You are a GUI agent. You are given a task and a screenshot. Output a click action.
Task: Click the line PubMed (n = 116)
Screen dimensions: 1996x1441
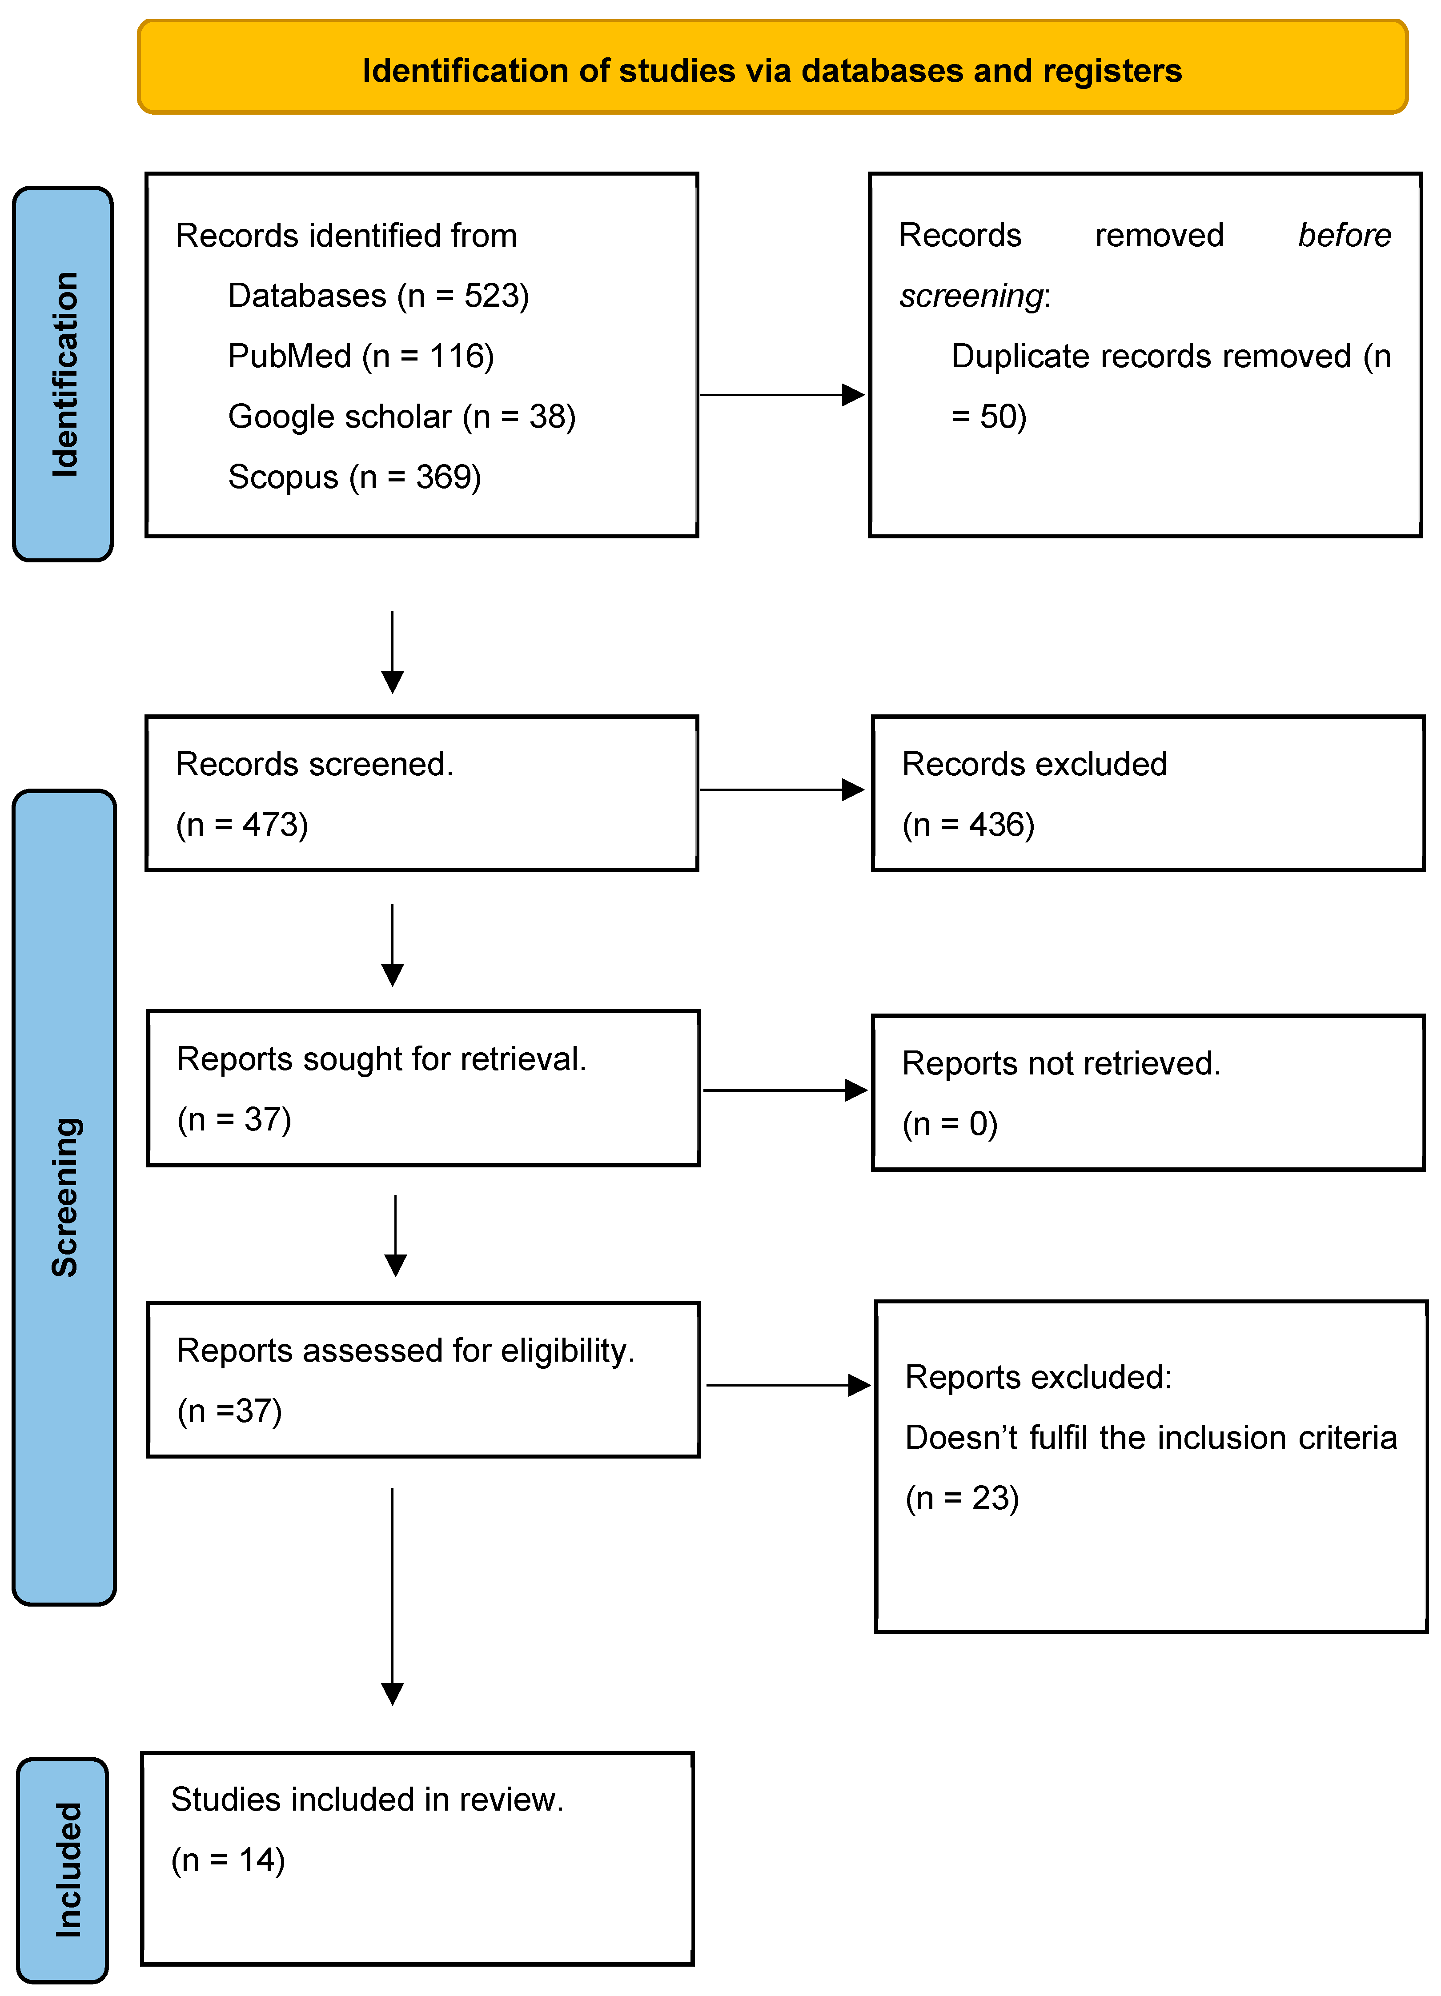point(361,357)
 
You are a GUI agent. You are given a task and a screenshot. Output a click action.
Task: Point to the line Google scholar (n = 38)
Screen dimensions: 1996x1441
point(401,416)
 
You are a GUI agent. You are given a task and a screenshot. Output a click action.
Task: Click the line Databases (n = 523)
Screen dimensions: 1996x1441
point(378,296)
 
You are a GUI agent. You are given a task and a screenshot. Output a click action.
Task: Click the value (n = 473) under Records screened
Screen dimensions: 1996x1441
point(242,825)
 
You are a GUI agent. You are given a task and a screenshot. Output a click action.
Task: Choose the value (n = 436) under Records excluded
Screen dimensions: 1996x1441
point(968,825)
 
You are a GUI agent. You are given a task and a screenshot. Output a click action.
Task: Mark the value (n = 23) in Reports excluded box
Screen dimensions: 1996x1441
point(962,1498)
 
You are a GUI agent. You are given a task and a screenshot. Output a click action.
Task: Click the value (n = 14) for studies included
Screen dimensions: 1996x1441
point(228,1860)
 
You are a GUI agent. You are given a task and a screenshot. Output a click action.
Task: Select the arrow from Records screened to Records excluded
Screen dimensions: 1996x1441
point(782,790)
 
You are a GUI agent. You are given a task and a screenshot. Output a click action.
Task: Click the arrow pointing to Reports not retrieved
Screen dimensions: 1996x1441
point(785,1090)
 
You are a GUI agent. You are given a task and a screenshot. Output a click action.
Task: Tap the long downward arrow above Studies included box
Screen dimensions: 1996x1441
point(393,1593)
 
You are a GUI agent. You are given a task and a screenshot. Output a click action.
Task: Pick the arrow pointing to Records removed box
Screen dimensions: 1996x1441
point(782,395)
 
